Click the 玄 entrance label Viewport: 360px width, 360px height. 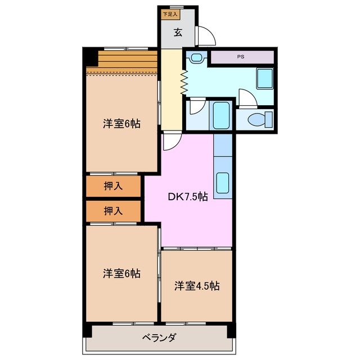[177, 33]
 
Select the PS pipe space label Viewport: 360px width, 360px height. [241, 57]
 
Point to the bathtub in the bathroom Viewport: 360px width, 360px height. [222, 116]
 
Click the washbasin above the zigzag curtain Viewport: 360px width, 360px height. [196, 57]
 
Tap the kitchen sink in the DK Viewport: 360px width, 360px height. [222, 183]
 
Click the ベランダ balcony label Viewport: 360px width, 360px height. [159, 337]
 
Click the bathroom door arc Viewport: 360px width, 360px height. [196, 107]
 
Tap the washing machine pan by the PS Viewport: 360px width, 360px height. [264, 78]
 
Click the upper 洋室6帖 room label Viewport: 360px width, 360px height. [121, 124]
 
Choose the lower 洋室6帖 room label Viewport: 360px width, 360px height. [121, 274]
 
